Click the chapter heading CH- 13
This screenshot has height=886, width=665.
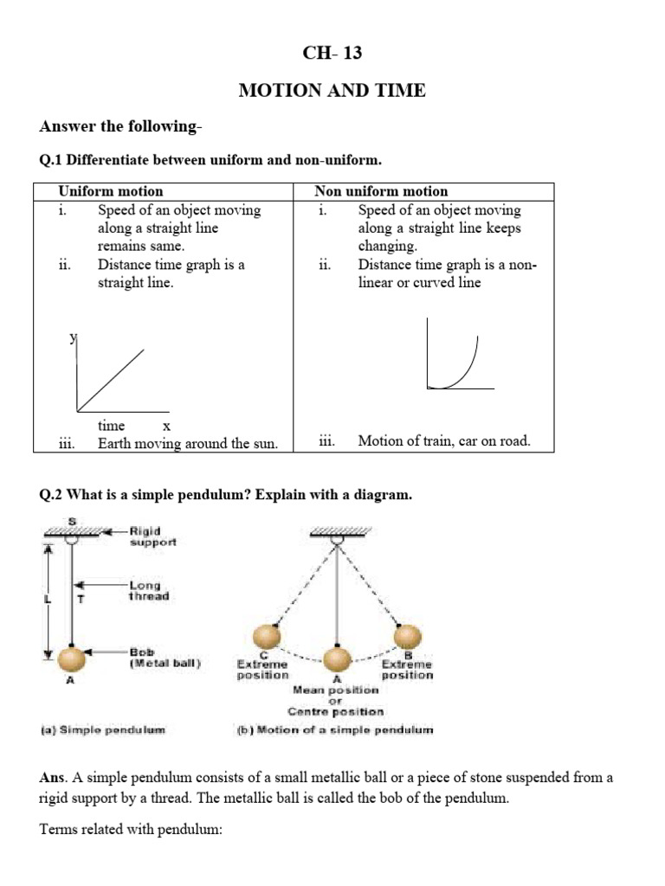[332, 54]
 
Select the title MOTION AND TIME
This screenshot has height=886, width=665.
[332, 90]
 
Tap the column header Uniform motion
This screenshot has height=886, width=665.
[110, 191]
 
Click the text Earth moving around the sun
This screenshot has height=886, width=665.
[187, 443]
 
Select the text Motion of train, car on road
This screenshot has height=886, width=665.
[443, 441]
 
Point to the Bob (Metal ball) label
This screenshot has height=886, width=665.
[165, 658]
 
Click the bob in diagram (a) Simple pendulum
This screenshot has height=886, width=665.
[72, 658]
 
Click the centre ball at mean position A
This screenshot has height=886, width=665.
[337, 658]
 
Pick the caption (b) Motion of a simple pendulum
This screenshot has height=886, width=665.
[334, 729]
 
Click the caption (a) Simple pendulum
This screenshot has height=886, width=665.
[102, 729]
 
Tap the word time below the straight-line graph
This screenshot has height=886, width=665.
[111, 426]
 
